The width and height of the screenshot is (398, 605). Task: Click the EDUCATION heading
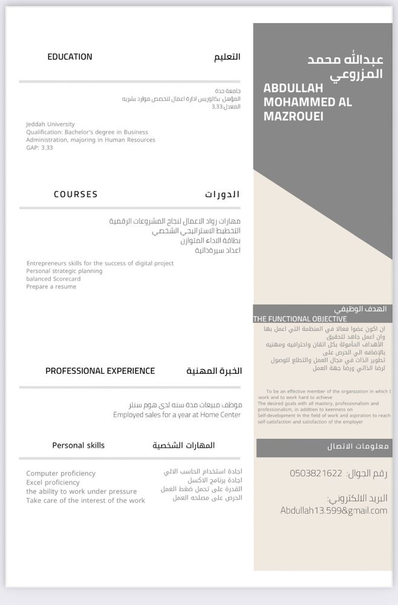tap(70, 57)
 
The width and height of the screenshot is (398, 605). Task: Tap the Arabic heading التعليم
tap(227, 57)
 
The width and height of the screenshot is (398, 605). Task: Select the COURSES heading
tap(76, 194)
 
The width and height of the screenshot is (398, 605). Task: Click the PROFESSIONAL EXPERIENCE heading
tap(100, 371)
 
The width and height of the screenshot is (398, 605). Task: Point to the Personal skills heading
tap(78, 445)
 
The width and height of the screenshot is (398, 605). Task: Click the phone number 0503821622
tap(316, 473)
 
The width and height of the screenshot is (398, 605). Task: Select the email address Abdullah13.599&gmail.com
tap(333, 511)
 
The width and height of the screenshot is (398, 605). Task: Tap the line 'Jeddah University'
tap(50, 124)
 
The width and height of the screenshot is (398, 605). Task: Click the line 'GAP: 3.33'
tap(39, 148)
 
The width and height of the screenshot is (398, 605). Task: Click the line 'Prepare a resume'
tap(51, 287)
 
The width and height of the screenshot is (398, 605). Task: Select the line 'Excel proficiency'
tap(53, 483)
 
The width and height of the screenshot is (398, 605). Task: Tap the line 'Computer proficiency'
tap(60, 474)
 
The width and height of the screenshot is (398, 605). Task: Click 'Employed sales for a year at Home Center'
tap(177, 415)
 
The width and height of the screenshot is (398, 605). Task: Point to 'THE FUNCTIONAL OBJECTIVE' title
tap(300, 319)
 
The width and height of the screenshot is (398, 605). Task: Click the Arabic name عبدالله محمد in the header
tap(345, 61)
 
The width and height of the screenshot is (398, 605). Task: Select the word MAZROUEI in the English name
tap(293, 116)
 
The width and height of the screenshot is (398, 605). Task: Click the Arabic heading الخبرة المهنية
tap(214, 371)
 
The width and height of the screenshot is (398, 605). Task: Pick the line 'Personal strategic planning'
tap(64, 271)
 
